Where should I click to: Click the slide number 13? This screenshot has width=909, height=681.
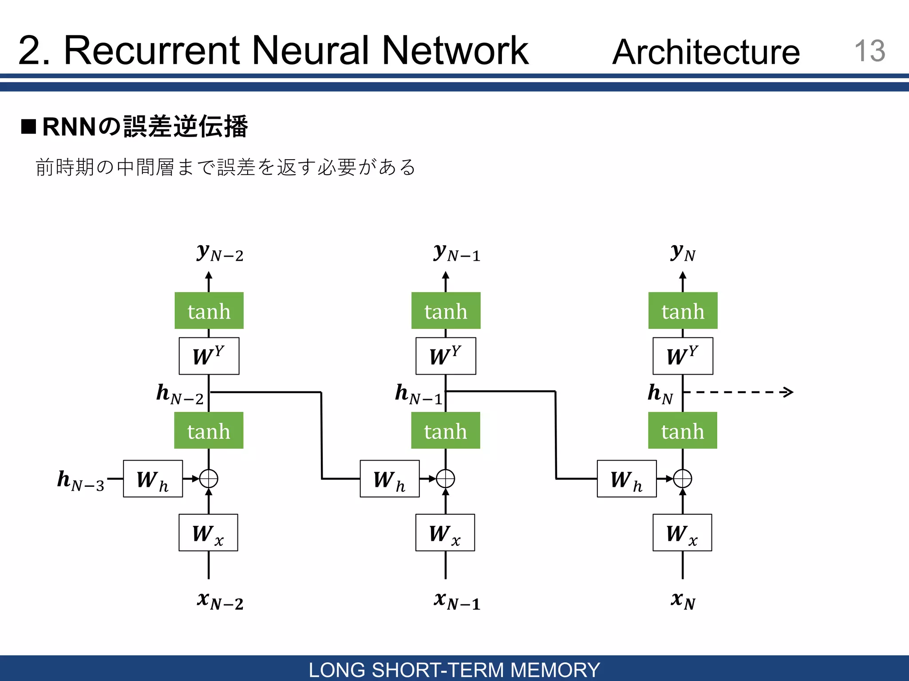pos(869,51)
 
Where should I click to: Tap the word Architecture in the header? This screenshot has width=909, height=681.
pos(706,52)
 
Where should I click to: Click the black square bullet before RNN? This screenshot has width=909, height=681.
pos(28,126)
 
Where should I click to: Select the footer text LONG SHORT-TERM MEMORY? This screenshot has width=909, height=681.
pos(454,669)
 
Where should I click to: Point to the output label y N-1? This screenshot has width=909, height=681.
pos(457,253)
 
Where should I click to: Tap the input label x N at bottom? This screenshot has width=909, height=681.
pos(683,601)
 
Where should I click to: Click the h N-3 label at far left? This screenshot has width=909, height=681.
pos(81,481)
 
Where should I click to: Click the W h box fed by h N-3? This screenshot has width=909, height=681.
pos(153,479)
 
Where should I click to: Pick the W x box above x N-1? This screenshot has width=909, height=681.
pos(445,532)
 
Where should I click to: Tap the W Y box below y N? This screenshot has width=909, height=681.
pos(683,356)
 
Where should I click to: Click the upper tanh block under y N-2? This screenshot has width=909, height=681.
pos(209,311)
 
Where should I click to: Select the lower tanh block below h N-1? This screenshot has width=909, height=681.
pos(446,431)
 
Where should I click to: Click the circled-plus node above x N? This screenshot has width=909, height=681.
pos(683,479)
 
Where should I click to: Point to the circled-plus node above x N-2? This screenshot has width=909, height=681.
pos(209,479)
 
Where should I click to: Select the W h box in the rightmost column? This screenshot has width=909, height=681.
pos(626,479)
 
